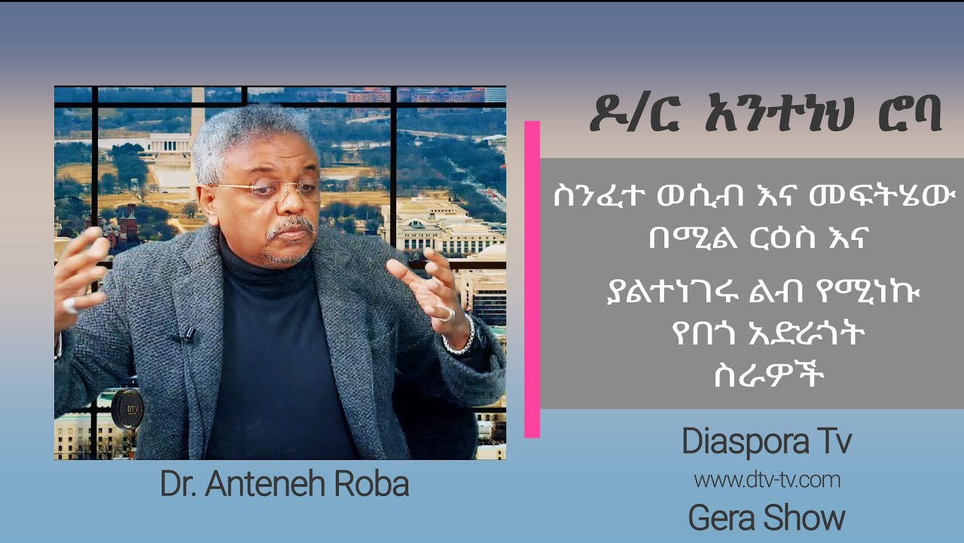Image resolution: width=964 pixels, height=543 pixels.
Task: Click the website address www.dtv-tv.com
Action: pos(767,480)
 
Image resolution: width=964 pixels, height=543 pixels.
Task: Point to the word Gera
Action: pos(722,519)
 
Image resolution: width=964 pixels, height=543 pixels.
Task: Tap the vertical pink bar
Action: pos(532,279)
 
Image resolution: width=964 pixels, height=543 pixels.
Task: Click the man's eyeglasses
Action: pos(267,191)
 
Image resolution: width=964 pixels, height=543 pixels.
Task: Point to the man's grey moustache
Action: pos(290,225)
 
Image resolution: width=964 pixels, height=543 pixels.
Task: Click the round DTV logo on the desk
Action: pos(126,408)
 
